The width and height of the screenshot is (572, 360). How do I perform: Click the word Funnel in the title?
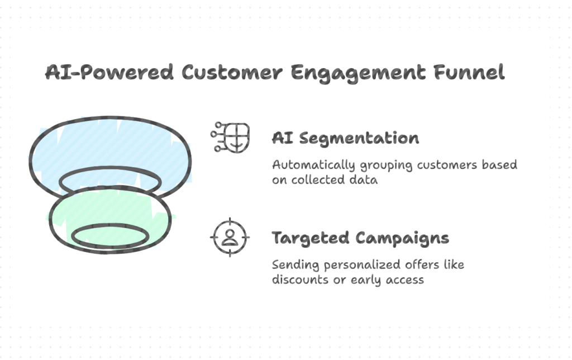(469, 72)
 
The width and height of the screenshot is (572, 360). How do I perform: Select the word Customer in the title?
(232, 72)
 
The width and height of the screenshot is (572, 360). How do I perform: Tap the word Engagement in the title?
(358, 73)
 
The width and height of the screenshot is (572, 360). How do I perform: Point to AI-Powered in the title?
(109, 72)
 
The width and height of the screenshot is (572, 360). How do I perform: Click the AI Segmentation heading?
(345, 139)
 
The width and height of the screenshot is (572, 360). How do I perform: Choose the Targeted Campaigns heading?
(360, 239)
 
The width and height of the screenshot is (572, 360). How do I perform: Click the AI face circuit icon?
(230, 138)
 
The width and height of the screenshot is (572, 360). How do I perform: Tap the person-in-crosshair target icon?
(230, 238)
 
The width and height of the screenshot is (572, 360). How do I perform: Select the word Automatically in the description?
(314, 165)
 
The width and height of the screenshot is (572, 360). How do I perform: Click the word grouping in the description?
(387, 166)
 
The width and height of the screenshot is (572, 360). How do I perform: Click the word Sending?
(295, 265)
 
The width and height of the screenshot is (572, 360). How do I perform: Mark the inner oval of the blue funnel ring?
(110, 168)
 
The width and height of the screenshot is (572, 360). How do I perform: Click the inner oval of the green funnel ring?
(110, 226)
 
